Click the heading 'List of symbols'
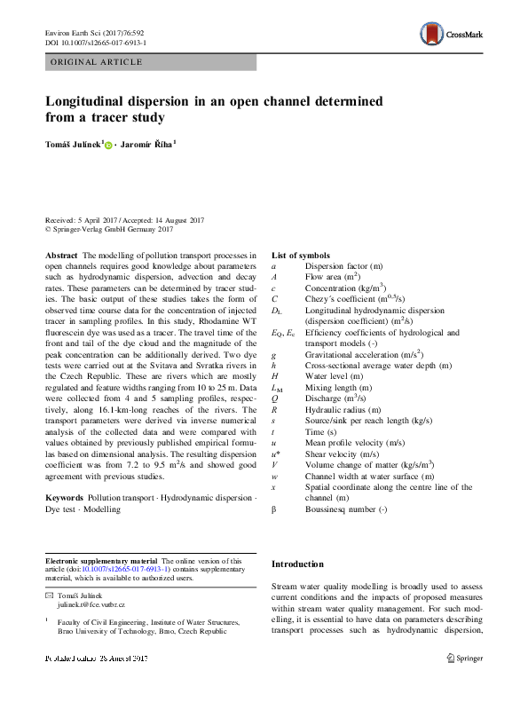tap(301, 255)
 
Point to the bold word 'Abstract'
tap(61, 255)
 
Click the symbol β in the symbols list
tap(274, 534)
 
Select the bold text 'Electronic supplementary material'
tap(100, 562)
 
